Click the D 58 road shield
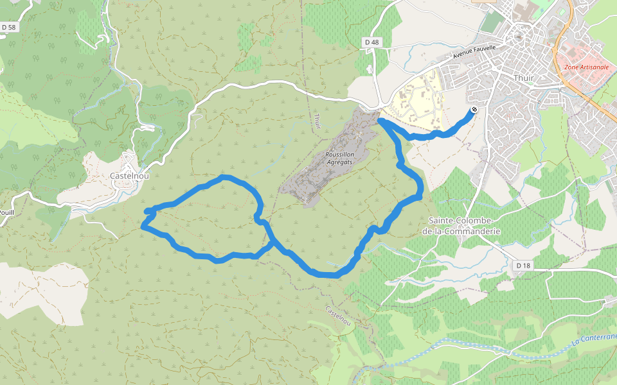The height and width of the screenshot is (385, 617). coord(8,28)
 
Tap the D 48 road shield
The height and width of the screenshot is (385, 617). coord(371,42)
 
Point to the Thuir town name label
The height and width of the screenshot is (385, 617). coord(524,78)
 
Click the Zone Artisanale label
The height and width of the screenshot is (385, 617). coord(585,67)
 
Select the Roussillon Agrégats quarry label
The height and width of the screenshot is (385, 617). coord(340,158)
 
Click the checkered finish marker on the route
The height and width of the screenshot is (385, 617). coord(474,110)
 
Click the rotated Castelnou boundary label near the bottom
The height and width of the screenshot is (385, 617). coord(338,315)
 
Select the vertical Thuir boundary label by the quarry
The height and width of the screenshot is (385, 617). coord(317,121)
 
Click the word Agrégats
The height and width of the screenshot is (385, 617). coord(340,163)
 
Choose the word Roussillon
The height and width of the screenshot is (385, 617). coord(340,155)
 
